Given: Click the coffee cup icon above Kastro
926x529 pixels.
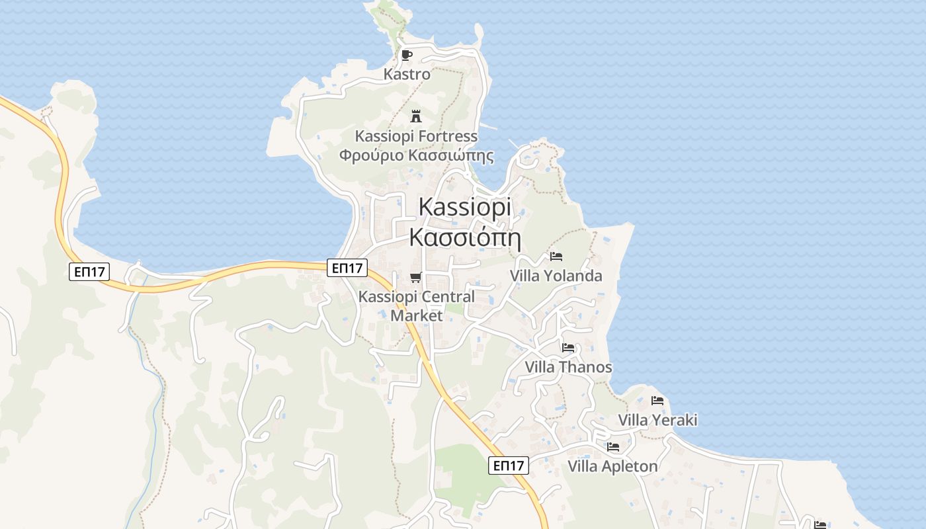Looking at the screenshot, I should [x=407, y=55].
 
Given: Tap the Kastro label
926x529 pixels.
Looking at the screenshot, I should [x=407, y=74].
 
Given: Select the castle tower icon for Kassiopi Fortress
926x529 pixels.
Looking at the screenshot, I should [x=416, y=116].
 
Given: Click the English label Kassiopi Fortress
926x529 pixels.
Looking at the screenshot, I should [x=416, y=136].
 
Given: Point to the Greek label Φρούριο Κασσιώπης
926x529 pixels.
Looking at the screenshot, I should [x=416, y=156].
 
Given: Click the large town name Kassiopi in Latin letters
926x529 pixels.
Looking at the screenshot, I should [x=465, y=207].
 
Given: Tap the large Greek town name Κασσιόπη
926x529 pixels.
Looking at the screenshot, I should [x=465, y=237].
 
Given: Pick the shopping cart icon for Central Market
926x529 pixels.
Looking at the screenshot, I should [x=415, y=277].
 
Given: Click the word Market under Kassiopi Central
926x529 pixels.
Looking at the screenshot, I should [x=416, y=315].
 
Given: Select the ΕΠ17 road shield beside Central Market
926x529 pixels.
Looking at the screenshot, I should [x=347, y=268].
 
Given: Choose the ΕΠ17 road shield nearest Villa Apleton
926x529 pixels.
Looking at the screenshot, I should [x=509, y=466].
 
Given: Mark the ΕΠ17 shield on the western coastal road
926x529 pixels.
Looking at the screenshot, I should [x=89, y=271].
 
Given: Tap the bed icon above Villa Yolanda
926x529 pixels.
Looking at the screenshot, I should [x=556, y=257].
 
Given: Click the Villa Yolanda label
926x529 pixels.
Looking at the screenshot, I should [x=556, y=276].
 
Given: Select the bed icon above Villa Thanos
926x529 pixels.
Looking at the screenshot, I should [x=568, y=348].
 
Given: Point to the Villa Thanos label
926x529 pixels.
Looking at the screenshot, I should [x=568, y=367].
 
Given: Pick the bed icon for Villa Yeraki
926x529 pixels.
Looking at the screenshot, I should [x=657, y=401].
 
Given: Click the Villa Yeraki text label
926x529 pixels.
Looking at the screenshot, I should [x=657, y=420].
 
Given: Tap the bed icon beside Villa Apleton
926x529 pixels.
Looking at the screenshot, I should [x=613, y=447].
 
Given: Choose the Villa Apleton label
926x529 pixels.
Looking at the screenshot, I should [x=612, y=466].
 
